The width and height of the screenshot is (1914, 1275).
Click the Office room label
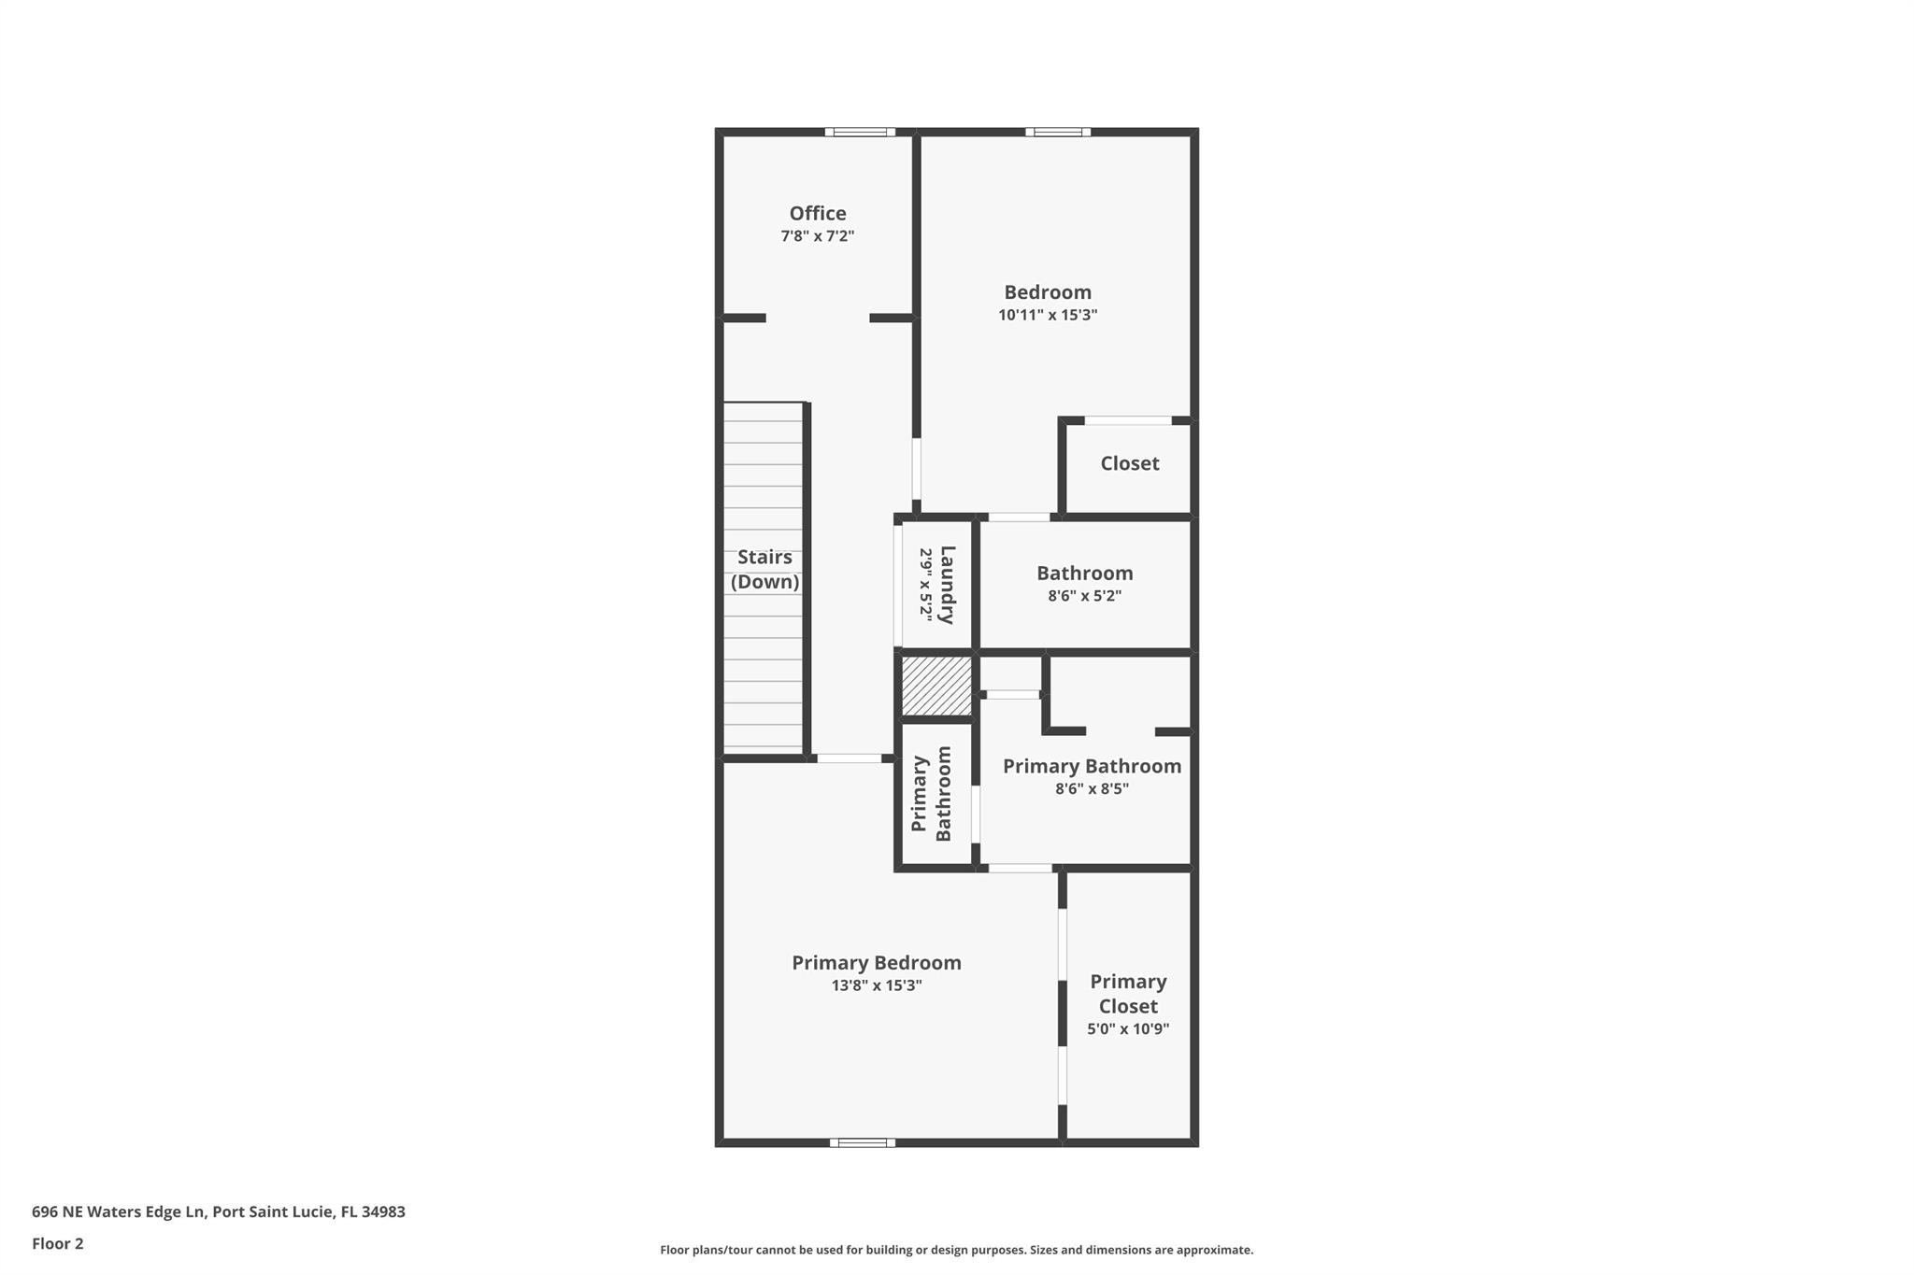pyautogui.click(x=817, y=213)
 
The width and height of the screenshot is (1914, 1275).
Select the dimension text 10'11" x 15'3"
pyautogui.click(x=1047, y=315)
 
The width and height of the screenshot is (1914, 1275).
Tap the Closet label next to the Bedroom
pyautogui.click(x=1129, y=463)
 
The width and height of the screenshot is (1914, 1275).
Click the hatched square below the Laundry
pyautogui.click(x=936, y=687)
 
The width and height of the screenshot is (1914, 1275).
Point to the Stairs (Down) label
pyautogui.click(x=764, y=569)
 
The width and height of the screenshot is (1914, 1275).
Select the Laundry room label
pyautogui.click(x=947, y=585)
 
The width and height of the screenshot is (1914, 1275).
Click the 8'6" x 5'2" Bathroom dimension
pyautogui.click(x=1084, y=596)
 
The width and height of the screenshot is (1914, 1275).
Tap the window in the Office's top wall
pyautogui.click(x=860, y=133)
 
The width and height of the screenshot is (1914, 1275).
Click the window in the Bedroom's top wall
pyautogui.click(x=1057, y=133)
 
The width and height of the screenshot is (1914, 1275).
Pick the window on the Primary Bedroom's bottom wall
pyautogui.click(x=862, y=1142)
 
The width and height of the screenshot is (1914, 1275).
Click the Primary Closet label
pyautogui.click(x=1128, y=993)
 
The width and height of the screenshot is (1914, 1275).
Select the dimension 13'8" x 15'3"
pyautogui.click(x=876, y=985)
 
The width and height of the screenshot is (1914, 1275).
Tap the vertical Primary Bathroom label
pyautogui.click(x=931, y=794)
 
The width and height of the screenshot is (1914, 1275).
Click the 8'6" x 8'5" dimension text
pyautogui.click(x=1092, y=788)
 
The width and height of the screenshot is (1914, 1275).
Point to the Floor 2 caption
pyautogui.click(x=58, y=1243)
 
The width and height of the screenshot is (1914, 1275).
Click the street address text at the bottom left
pyautogui.click(x=219, y=1211)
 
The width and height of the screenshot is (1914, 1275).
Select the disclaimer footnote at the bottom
pyautogui.click(x=956, y=1250)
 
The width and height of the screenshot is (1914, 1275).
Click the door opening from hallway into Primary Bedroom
pyautogui.click(x=849, y=758)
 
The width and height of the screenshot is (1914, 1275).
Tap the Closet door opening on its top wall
pyautogui.click(x=1128, y=420)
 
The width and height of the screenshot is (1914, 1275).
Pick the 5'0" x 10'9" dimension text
pyautogui.click(x=1128, y=1029)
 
